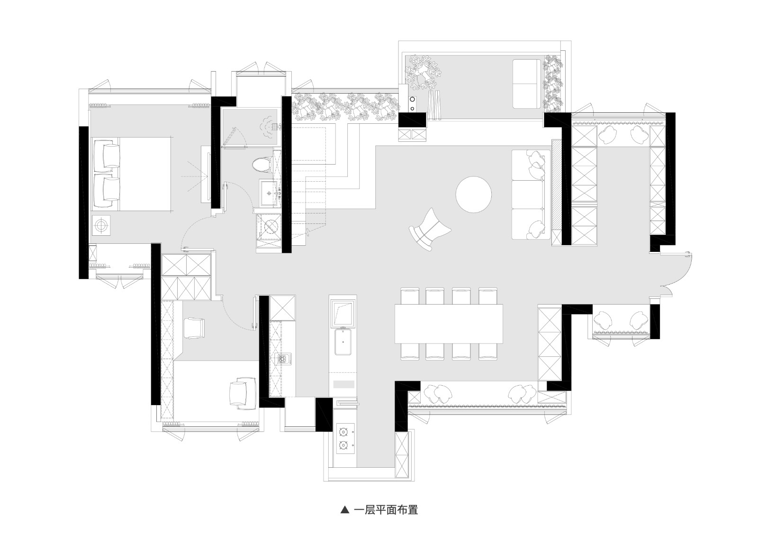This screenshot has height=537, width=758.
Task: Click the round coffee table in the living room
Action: pos(473,194)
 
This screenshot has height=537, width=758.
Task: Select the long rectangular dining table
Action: pos(449,324)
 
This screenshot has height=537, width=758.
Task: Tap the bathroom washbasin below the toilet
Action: pos(269,193)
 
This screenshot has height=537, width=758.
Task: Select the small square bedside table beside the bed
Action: pos(101,225)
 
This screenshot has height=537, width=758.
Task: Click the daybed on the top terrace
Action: pos(527,83)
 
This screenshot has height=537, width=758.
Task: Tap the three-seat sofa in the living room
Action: pos(530,194)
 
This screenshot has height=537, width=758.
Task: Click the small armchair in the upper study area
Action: pos(194,328)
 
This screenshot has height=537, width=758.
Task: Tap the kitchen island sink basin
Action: pos(343,342)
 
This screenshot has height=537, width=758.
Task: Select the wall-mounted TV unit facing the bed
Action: pos(206,175)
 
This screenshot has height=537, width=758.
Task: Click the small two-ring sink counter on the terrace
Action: pos(413,104)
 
